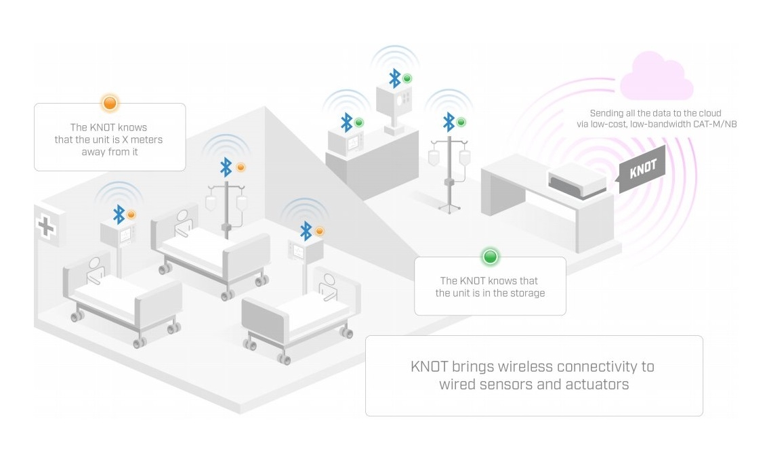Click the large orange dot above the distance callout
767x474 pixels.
pos(110,103)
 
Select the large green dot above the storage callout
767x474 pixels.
pos(490,257)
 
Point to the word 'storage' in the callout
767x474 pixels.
pos(526,293)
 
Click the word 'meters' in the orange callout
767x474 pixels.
pos(146,139)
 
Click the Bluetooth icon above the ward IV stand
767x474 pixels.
pos(226,167)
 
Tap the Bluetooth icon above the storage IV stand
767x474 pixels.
pos(449,122)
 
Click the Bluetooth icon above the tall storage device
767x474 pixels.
pos(395,78)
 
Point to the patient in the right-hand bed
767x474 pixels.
pos(328,287)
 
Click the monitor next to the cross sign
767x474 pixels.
pos(119,235)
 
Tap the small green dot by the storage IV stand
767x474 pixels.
pos(461,122)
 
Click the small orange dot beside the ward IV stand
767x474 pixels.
pos(241,167)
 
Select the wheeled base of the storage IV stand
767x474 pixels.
pos(449,208)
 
